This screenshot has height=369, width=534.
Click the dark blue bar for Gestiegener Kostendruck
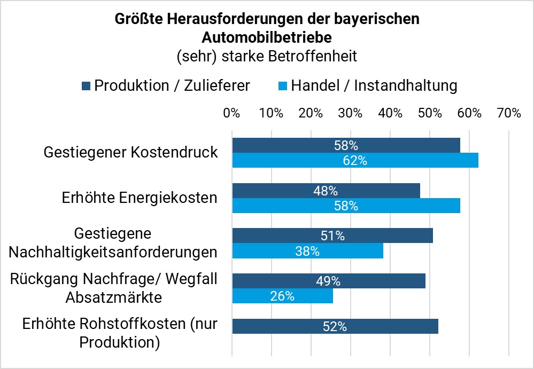[x=346, y=145]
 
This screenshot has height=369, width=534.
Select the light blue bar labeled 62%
[x=355, y=160]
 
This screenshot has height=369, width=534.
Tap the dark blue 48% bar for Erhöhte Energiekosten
[x=326, y=191]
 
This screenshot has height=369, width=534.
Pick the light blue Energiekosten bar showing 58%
[x=346, y=206]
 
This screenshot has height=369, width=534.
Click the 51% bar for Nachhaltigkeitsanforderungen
[x=332, y=235]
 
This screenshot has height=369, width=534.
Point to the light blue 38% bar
[x=307, y=251]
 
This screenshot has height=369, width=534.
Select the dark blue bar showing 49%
[x=329, y=281]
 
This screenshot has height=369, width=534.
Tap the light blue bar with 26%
[x=283, y=296]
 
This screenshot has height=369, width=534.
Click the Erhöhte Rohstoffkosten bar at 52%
[x=335, y=326]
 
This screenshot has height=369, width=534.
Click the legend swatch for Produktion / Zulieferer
[x=86, y=85]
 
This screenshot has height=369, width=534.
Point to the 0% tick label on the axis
[x=231, y=113]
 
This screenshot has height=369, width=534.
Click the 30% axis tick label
[x=351, y=113]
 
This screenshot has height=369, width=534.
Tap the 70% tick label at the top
[x=508, y=113]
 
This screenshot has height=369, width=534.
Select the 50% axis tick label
[x=430, y=113]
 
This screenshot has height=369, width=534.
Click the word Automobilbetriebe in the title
[x=267, y=37]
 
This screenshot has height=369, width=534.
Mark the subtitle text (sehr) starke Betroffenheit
[x=267, y=56]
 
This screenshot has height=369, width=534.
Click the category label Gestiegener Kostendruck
[x=131, y=152]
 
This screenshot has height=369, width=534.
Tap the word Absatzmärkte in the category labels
[x=113, y=297]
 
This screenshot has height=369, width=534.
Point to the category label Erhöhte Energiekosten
[x=140, y=198]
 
